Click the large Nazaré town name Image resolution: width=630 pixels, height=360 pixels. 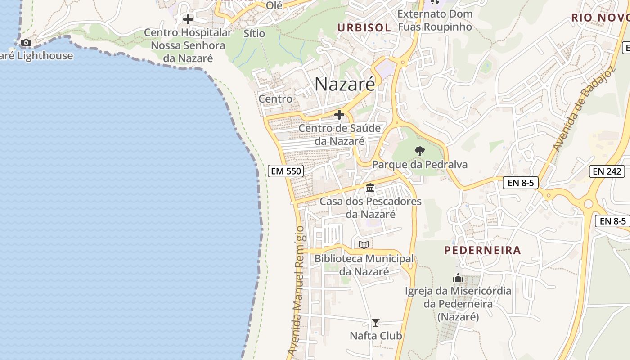coord(345,84)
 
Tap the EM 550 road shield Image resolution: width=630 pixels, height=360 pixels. coord(286,171)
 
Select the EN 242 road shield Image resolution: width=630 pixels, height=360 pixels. coord(607,171)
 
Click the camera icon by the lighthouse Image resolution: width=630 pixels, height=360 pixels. coord(26,43)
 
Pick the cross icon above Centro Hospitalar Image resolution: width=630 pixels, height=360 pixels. coord(188,19)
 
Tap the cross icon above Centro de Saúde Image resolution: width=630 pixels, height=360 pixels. coord(339,115)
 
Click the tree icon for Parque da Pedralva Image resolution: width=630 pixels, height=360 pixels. coord(420,151)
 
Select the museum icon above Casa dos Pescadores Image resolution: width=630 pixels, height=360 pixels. coord(370,188)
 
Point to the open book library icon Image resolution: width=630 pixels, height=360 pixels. coord(364,245)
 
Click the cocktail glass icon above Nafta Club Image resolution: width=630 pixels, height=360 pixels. coord(376,323)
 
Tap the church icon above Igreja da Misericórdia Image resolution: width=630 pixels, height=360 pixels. coord(458,278)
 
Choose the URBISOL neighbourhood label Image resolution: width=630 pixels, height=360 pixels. coord(364,27)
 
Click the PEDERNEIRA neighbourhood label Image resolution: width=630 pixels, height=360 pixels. coord(482,250)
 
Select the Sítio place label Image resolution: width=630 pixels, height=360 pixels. coord(254,33)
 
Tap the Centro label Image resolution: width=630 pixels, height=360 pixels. coord(275,99)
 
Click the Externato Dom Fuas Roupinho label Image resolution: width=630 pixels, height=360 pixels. coord(435,20)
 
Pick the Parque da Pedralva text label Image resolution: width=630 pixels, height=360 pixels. coord(420,165)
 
